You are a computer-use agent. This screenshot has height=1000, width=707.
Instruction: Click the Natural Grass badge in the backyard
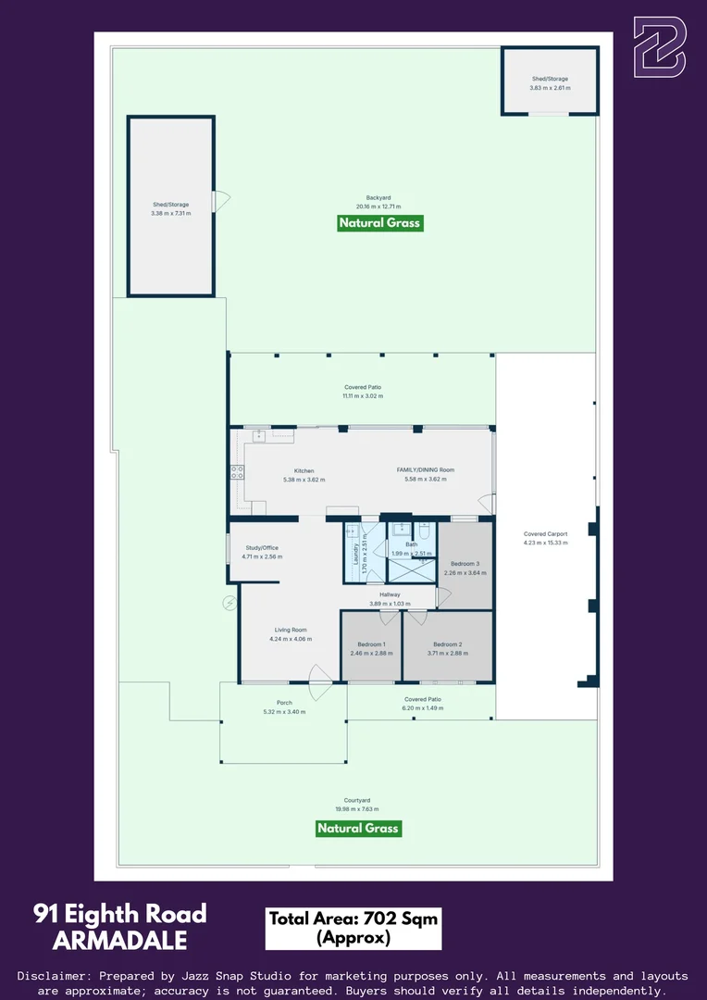click(x=379, y=223)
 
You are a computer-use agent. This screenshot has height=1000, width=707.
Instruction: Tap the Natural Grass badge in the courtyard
click(x=358, y=828)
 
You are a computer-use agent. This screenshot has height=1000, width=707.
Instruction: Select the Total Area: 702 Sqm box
click(x=353, y=928)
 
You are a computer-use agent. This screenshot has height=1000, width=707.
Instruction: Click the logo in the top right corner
click(x=659, y=46)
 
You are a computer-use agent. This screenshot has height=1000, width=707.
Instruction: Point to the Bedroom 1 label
click(x=371, y=644)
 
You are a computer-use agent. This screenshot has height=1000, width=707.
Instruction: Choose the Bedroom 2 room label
click(x=447, y=644)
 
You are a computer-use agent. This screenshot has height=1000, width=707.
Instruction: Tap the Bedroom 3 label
click(x=465, y=564)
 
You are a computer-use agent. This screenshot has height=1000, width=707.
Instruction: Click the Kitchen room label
click(x=304, y=470)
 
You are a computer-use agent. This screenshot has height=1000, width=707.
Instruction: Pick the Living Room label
click(x=290, y=630)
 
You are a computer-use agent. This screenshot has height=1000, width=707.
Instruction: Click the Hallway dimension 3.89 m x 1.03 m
click(x=390, y=604)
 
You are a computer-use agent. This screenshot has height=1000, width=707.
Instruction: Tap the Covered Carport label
click(x=545, y=534)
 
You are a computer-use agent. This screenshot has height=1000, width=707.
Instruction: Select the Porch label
click(x=285, y=703)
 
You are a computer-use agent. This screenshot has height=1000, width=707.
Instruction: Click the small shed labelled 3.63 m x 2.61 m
click(x=549, y=82)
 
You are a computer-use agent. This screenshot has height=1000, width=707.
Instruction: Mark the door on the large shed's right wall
click(x=220, y=201)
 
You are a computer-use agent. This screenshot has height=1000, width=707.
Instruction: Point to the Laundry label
click(x=355, y=554)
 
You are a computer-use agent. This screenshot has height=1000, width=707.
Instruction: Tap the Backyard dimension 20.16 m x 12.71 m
click(x=378, y=206)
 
